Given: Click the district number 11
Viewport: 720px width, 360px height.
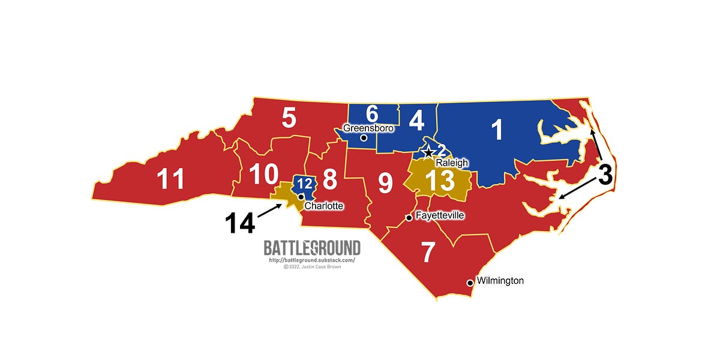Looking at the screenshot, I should (170, 179).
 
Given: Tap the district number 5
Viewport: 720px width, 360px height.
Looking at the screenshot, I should (289, 118).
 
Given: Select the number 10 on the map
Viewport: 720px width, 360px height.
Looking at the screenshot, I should (263, 175).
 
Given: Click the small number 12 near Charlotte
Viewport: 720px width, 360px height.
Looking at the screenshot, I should (304, 184).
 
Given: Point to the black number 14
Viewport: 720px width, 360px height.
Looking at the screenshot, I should (240, 223).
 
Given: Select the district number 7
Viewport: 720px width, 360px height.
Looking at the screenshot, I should (427, 253).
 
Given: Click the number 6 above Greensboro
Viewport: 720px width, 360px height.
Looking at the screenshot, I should (371, 113).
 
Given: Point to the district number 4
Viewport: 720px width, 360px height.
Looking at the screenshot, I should (416, 120).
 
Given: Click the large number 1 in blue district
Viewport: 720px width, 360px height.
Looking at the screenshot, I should (497, 131).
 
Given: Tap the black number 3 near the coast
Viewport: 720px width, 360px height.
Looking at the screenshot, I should (605, 176).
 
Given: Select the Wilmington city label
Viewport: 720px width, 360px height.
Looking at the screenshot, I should (500, 281).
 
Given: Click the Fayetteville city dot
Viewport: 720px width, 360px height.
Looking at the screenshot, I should (409, 218).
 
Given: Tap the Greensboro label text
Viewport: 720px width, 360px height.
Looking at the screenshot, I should (368, 128).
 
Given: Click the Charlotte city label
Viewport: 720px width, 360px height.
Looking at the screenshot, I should (324, 206).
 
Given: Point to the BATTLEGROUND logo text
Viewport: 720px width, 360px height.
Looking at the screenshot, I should (312, 248).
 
